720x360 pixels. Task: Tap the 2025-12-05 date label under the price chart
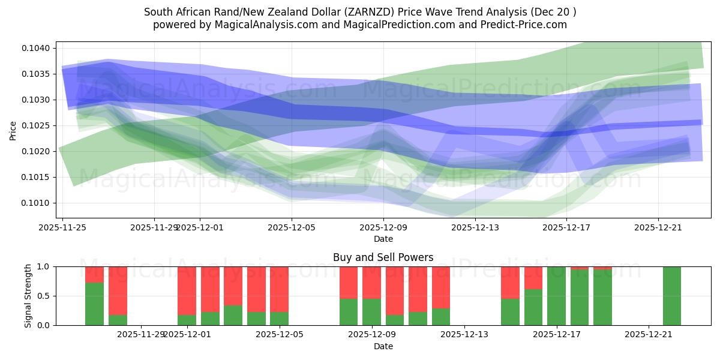[292, 227]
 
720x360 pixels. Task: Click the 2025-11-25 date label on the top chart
[62, 227]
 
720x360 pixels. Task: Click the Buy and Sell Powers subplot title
[383, 257]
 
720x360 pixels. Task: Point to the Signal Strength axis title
[28, 296]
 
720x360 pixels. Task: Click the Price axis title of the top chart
[13, 130]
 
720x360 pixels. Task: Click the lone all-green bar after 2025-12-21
[672, 296]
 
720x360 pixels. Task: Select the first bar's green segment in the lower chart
[94, 304]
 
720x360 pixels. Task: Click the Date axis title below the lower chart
[383, 346]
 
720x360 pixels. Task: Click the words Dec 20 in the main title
[553, 12]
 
